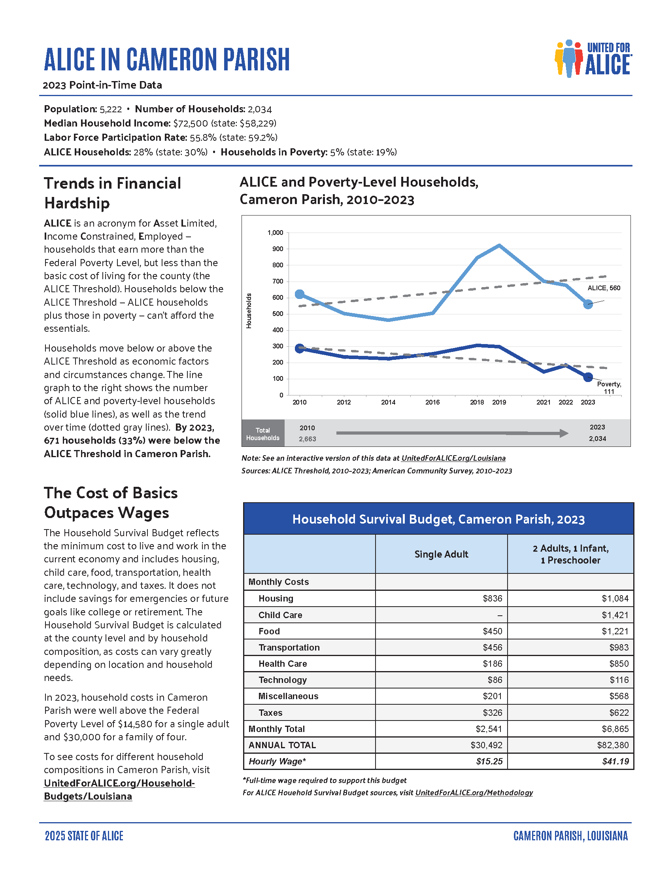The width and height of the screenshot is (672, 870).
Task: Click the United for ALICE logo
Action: click(593, 59)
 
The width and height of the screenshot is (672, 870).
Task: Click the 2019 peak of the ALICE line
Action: click(499, 246)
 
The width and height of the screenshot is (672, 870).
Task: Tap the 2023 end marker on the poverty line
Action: click(588, 377)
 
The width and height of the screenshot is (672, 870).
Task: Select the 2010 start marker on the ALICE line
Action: click(300, 294)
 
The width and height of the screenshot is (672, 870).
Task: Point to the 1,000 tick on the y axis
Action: click(276, 233)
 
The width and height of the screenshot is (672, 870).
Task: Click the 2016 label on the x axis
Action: click(432, 402)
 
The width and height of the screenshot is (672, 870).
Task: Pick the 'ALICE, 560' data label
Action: click(604, 288)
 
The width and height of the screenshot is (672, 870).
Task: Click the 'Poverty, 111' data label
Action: click(609, 388)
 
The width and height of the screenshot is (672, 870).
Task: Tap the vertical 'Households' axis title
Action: click(249, 311)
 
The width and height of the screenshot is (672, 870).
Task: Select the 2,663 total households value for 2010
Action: click(307, 439)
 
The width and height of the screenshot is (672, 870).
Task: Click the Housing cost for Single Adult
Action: click(493, 598)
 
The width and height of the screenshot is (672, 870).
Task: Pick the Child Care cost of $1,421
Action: click(615, 615)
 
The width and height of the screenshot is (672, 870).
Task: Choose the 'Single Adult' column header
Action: click(441, 554)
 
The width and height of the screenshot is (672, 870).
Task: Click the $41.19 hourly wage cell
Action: click(615, 762)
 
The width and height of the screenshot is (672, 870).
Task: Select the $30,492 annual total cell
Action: click(487, 745)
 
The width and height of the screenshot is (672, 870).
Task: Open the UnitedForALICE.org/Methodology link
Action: click(474, 793)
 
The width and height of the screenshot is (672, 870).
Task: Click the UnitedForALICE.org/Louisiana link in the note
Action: click(453, 458)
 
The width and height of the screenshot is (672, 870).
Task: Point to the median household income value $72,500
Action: click(190, 123)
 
